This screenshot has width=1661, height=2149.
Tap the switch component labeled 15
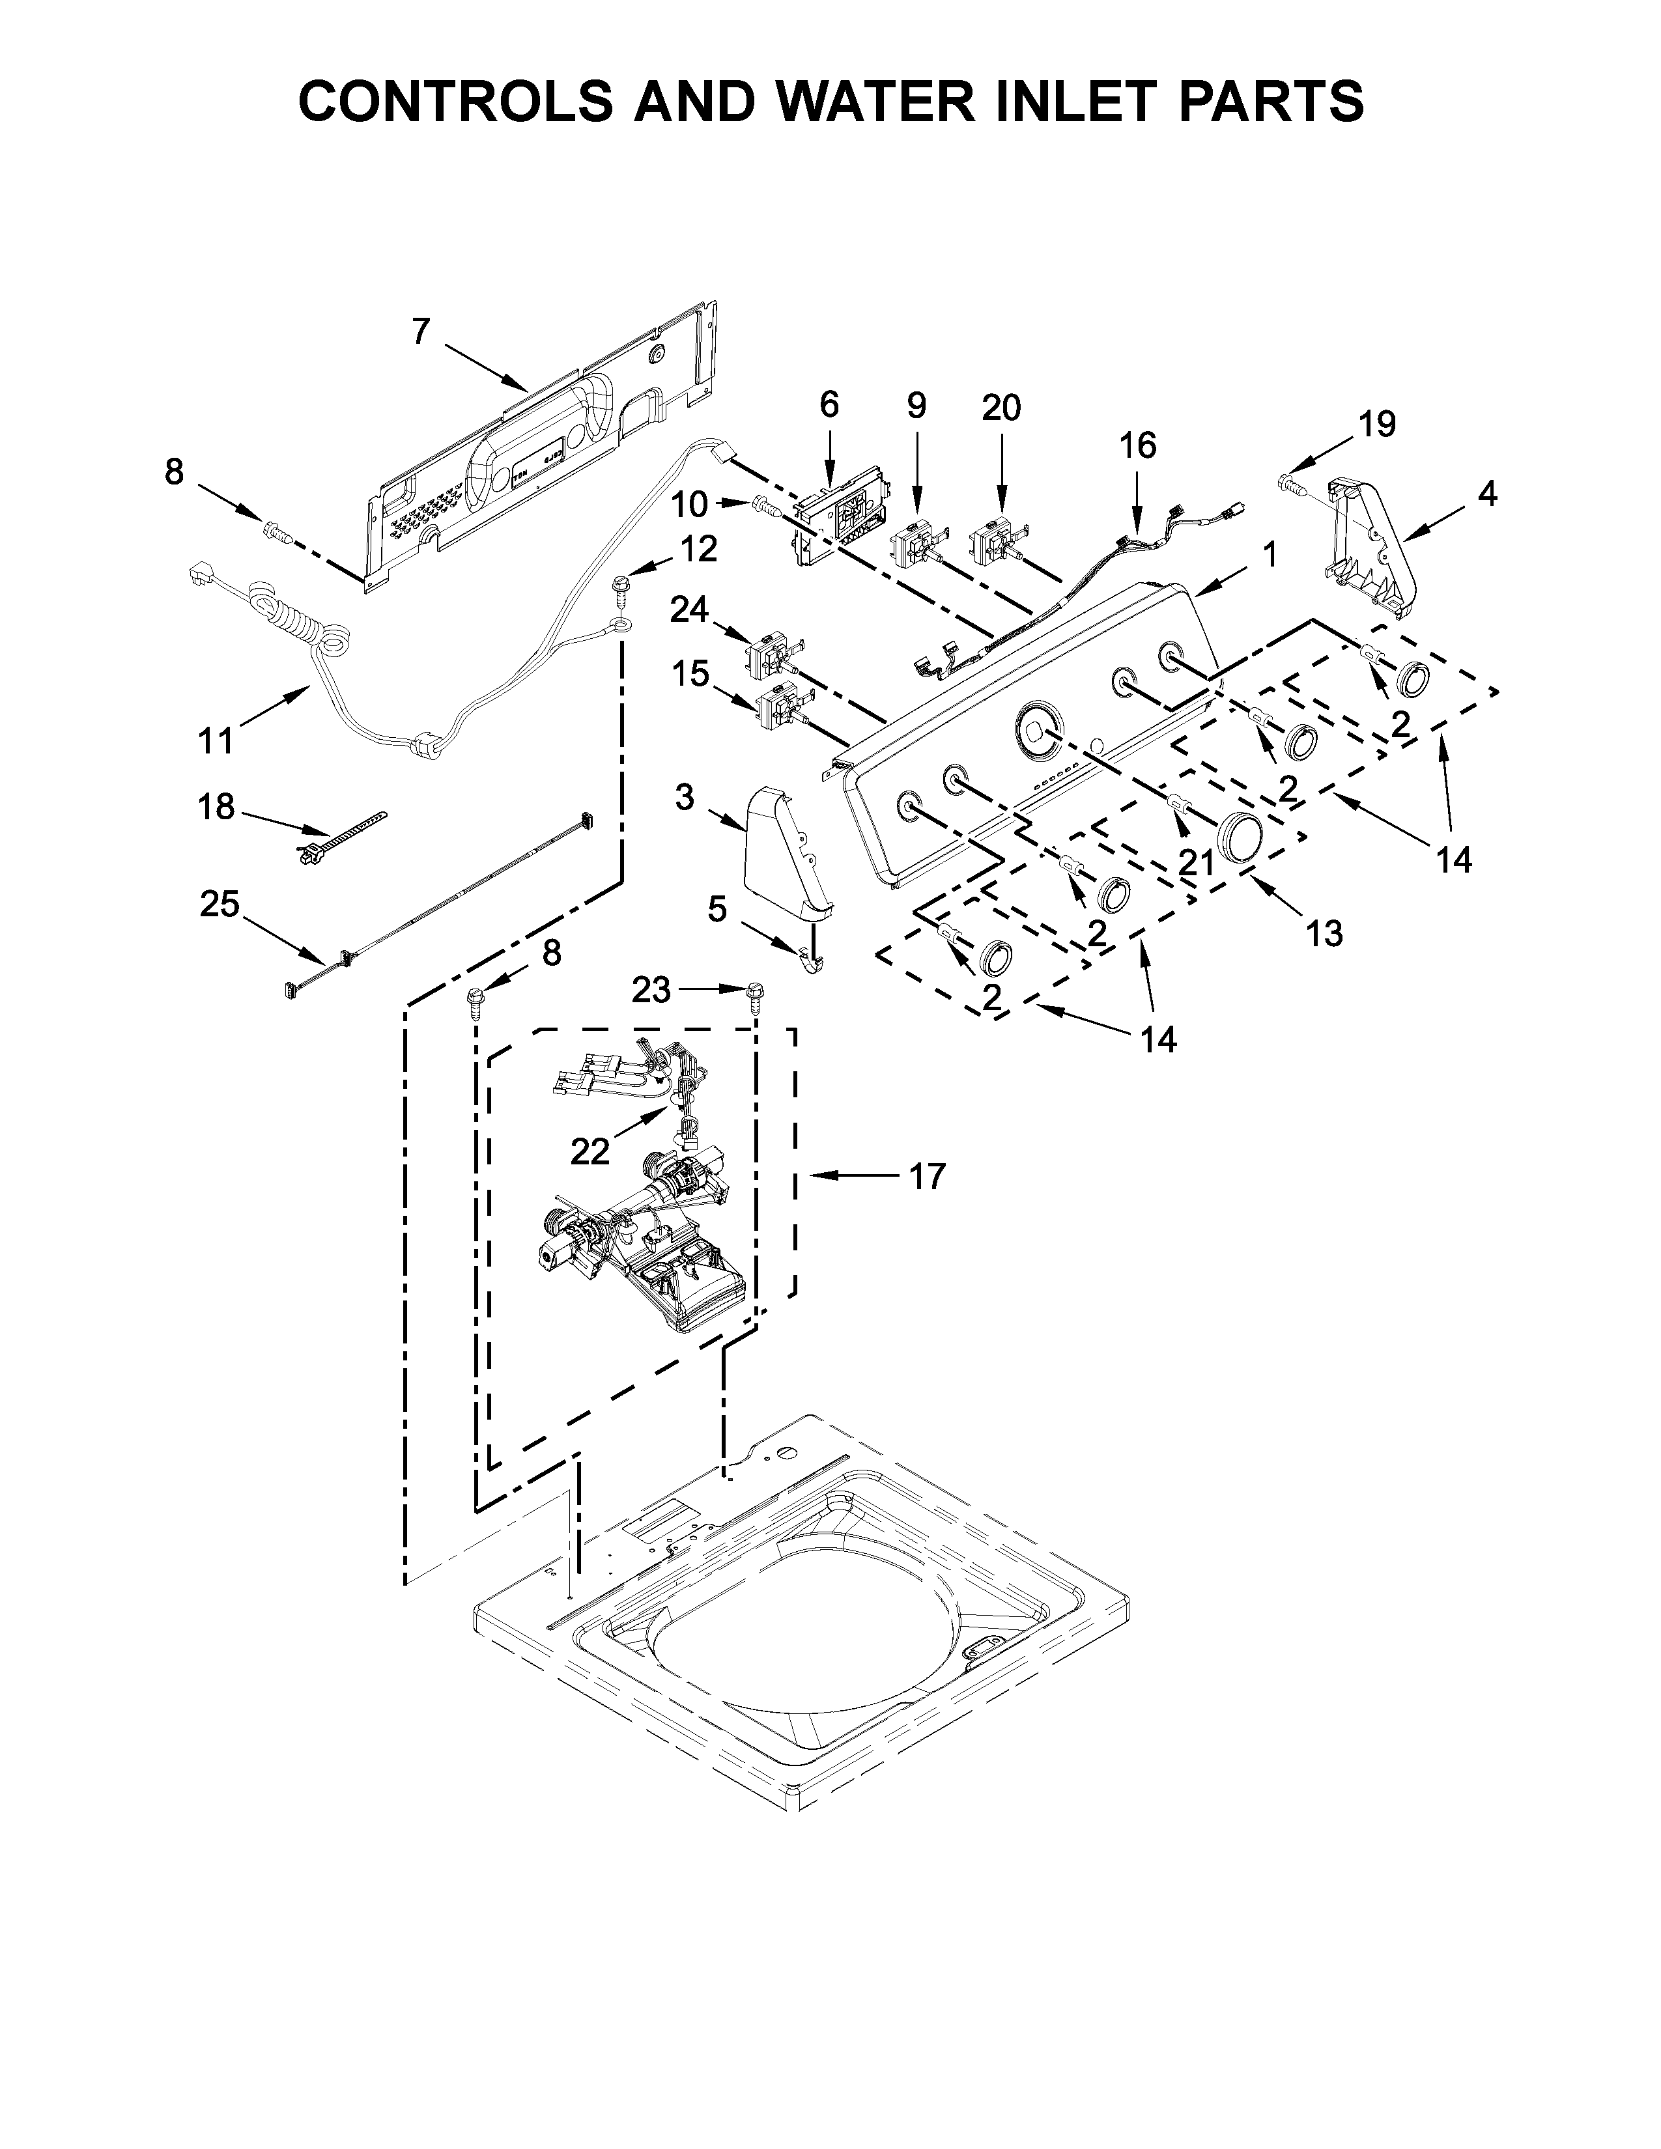coord(777,709)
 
